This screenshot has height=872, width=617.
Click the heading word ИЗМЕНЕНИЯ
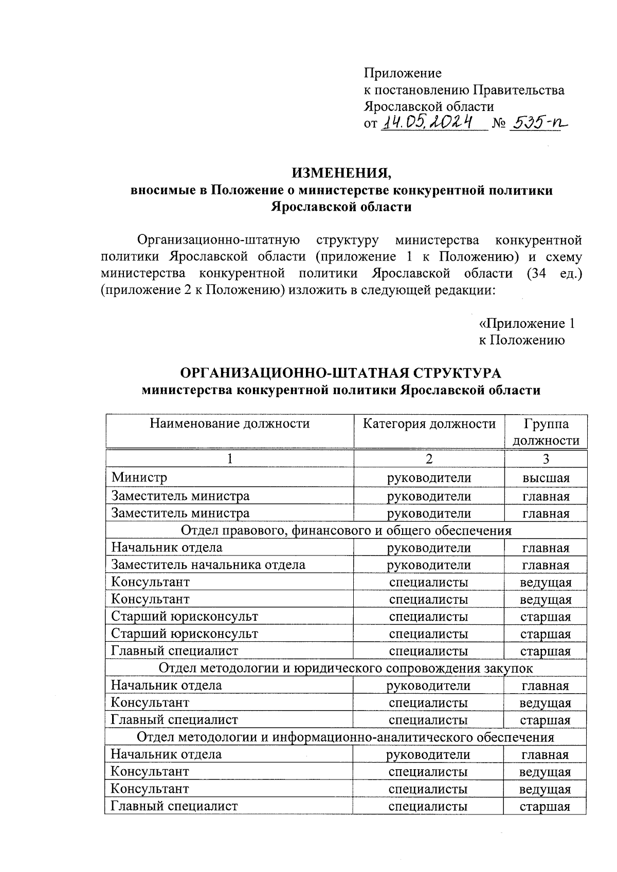point(341,173)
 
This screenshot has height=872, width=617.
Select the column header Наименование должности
point(230,423)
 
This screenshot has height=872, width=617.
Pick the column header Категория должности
point(429,423)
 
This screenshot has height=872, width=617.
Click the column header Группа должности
point(546,432)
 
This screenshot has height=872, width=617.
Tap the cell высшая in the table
point(546,478)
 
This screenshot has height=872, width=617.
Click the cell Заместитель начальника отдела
point(208,565)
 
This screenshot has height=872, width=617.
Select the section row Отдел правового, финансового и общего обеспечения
point(347,530)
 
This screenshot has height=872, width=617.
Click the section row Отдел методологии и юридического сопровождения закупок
point(346,668)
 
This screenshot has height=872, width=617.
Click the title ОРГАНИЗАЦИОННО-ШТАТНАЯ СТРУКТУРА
point(341,373)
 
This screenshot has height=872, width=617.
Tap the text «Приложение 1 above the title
point(527,323)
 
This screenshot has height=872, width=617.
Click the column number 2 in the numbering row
point(429,459)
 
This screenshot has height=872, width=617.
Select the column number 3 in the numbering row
point(546,459)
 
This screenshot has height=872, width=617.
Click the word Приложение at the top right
point(403,73)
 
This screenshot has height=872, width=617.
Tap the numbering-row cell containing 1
point(230,459)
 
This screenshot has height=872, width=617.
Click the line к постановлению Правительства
point(464,90)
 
